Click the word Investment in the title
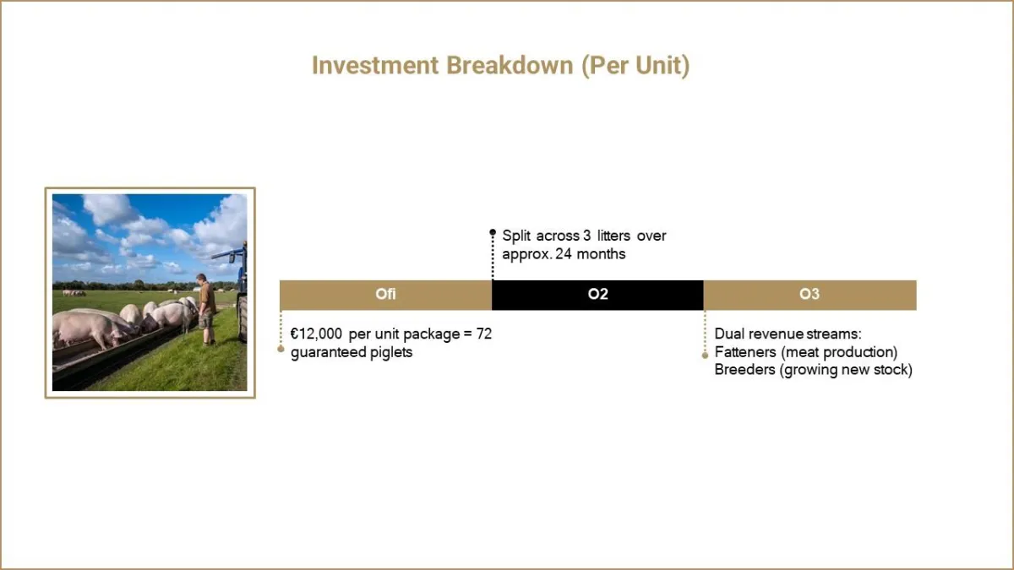pos(375,65)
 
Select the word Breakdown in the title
pos(510,65)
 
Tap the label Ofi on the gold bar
pos(385,294)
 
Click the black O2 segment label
pos(597,294)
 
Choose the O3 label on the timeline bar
pos(810,294)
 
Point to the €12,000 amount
pos(316,334)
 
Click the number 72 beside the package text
pos(484,334)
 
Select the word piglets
pos(391,352)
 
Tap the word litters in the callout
pos(613,236)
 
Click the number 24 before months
pos(564,254)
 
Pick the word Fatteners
pos(745,352)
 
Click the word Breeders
pos(745,370)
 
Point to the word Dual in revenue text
pos(728,334)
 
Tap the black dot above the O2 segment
pos(493,232)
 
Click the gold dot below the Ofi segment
pos(281,349)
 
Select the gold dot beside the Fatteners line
pos(705,356)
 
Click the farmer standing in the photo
pos(206,308)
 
